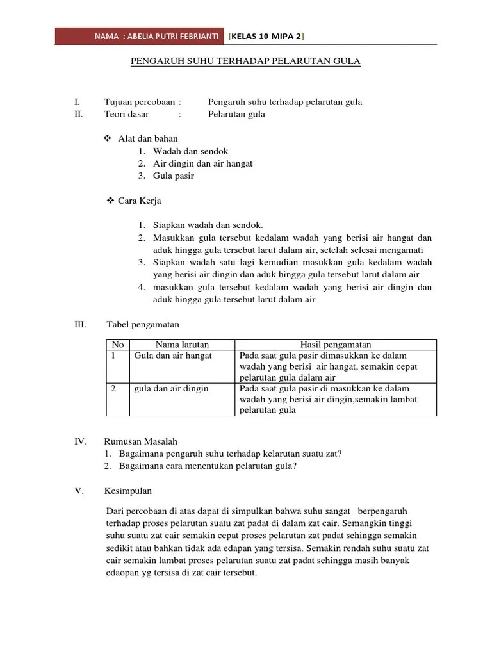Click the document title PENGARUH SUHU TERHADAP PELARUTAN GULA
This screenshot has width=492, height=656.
coord(246,61)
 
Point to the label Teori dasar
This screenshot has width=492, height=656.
coord(126,114)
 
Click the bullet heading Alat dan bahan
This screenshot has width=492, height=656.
coord(147,138)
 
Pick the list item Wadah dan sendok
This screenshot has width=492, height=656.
coord(190,151)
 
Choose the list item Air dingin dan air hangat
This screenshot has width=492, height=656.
coord(202,163)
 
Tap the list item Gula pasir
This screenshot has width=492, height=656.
coord(173,176)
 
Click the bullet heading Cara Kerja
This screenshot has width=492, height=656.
coord(139,201)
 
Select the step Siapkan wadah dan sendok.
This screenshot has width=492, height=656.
coord(208,225)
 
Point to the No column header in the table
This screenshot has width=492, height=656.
coord(117,345)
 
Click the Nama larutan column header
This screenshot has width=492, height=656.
coord(182,345)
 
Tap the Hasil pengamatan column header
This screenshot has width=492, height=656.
coord(336,345)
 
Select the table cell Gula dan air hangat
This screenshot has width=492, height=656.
coord(172,356)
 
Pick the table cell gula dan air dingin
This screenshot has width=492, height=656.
coord(170,389)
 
